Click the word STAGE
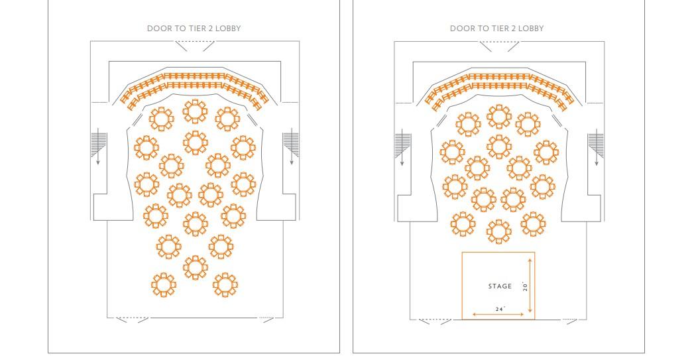500,286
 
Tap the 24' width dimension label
500,309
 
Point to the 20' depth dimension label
525,286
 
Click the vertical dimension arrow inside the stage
530,286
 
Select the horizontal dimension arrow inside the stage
498,314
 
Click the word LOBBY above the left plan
228,29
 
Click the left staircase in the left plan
99,145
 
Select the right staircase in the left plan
291,143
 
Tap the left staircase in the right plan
403,145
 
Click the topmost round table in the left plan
195,111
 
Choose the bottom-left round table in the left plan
163,285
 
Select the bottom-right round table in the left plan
225,284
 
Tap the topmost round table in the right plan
499,117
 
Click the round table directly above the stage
499,231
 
